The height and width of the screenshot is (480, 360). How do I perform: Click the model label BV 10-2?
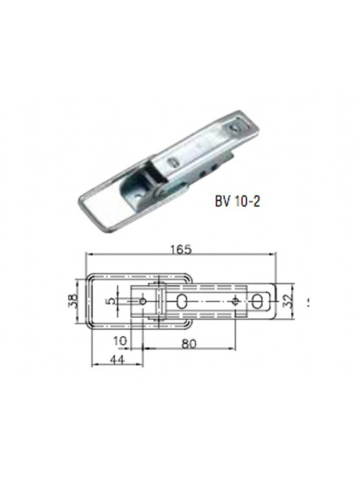(237, 202)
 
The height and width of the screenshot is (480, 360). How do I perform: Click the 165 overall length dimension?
(181, 250)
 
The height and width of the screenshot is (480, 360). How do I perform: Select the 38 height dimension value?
(71, 301)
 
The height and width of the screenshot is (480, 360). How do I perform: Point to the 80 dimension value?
(189, 343)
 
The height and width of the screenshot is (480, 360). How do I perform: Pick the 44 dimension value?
(117, 360)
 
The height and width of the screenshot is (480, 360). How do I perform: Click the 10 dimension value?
(119, 341)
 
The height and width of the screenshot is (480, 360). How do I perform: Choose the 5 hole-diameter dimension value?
(113, 301)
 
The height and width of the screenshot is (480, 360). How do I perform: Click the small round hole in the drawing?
(142, 301)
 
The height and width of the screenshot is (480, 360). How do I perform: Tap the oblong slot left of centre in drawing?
(182, 301)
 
